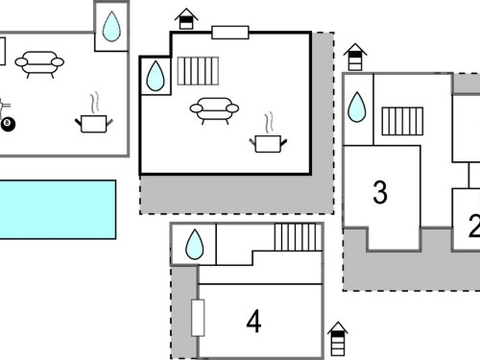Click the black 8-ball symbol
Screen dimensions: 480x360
point(8,124)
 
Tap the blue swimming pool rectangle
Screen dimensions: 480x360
point(58,209)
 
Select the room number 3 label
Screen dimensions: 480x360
point(380,192)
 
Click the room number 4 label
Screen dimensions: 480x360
point(253,322)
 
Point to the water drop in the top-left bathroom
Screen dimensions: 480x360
point(111,27)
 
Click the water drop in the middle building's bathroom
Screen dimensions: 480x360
point(156,76)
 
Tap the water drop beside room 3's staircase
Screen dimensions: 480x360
point(356,107)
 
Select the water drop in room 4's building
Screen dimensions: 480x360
point(194,244)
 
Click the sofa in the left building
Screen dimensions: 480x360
point(39,64)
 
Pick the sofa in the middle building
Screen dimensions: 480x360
point(214,110)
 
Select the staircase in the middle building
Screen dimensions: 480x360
point(198,71)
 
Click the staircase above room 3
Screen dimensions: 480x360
point(402,121)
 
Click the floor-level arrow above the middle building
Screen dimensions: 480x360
point(186,19)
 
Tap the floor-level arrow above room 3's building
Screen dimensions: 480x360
point(355,57)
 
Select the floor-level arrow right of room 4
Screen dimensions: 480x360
point(338,339)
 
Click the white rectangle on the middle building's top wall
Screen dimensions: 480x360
point(230,33)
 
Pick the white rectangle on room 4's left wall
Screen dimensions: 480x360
point(198,318)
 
